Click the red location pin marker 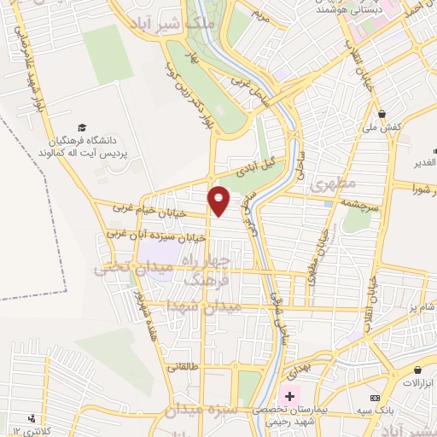(x=220, y=201)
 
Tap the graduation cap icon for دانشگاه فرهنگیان (x=81, y=127)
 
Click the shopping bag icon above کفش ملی (x=383, y=114)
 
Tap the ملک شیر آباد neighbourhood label (x=199, y=23)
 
